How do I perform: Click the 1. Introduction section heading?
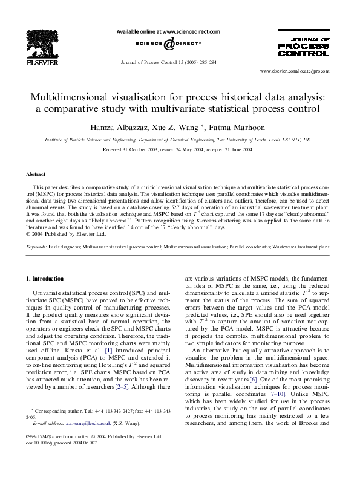[46, 279]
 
